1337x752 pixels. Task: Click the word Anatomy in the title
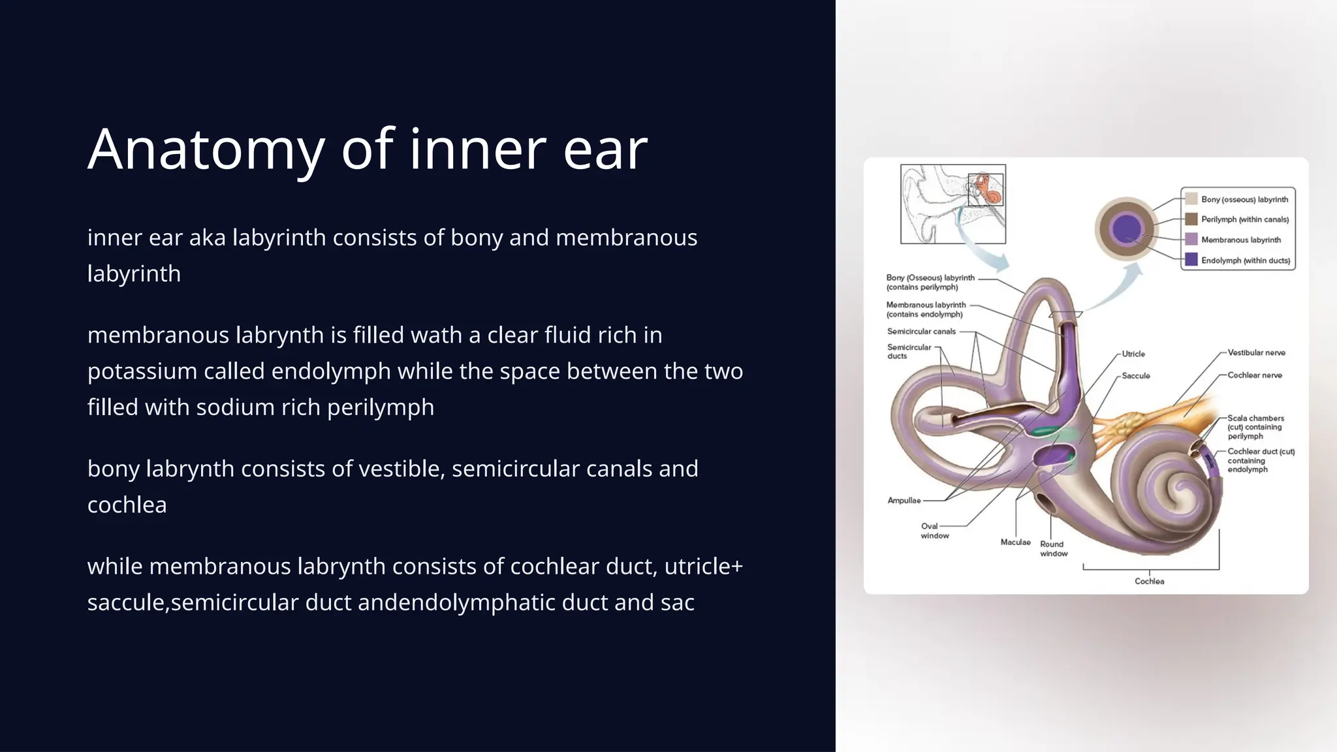(206, 150)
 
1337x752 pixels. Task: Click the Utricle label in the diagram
(1133, 354)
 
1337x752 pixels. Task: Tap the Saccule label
(1136, 376)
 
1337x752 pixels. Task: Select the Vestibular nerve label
(1256, 352)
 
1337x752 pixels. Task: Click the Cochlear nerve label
(1254, 375)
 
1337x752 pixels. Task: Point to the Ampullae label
(904, 501)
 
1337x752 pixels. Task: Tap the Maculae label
(1015, 542)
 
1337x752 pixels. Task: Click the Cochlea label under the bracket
(1149, 581)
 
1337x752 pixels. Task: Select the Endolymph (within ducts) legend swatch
(1191, 260)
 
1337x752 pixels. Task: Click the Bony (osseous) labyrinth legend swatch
(1191, 199)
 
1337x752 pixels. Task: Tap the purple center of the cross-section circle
(1125, 229)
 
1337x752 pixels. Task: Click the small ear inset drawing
(952, 204)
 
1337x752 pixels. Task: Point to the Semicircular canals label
(921, 332)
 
